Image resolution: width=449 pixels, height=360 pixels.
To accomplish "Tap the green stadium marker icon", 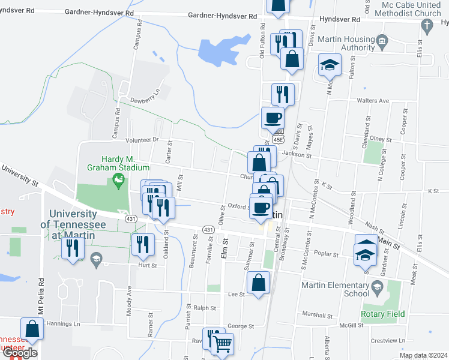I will tap(119, 178).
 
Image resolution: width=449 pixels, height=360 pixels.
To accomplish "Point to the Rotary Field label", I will tap(382, 314).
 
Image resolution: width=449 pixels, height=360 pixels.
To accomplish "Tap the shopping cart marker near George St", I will tap(222, 344).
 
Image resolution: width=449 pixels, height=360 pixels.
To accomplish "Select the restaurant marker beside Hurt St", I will tap(143, 244).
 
